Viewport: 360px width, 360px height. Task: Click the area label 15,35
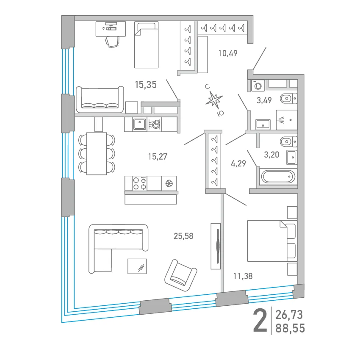click(x=146, y=85)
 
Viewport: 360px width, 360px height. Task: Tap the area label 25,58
click(x=183, y=236)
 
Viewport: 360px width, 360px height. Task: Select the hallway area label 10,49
click(x=228, y=53)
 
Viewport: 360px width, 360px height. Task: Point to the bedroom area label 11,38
click(x=243, y=276)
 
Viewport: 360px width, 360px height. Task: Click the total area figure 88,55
click(x=290, y=328)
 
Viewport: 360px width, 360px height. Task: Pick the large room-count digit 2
click(x=260, y=321)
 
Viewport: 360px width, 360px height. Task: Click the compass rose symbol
click(x=214, y=100)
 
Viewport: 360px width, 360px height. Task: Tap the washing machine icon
click(x=258, y=86)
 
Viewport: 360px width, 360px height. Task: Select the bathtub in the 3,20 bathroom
click(x=278, y=177)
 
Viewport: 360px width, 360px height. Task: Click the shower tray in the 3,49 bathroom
click(x=287, y=120)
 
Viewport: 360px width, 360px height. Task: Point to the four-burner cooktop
click(x=140, y=183)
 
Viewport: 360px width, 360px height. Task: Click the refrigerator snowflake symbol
click(x=169, y=183)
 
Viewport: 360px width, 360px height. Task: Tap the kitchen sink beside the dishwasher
click(x=139, y=124)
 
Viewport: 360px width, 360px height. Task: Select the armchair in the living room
click(x=181, y=276)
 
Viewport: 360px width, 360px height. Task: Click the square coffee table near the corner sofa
click(x=137, y=266)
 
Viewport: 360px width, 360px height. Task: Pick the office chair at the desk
click(x=112, y=42)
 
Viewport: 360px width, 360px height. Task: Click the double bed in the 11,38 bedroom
click(x=272, y=241)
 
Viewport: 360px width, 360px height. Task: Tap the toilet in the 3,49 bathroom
click(x=288, y=99)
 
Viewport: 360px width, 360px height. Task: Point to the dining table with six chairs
click(x=97, y=153)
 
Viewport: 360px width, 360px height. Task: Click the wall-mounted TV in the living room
click(x=218, y=246)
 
